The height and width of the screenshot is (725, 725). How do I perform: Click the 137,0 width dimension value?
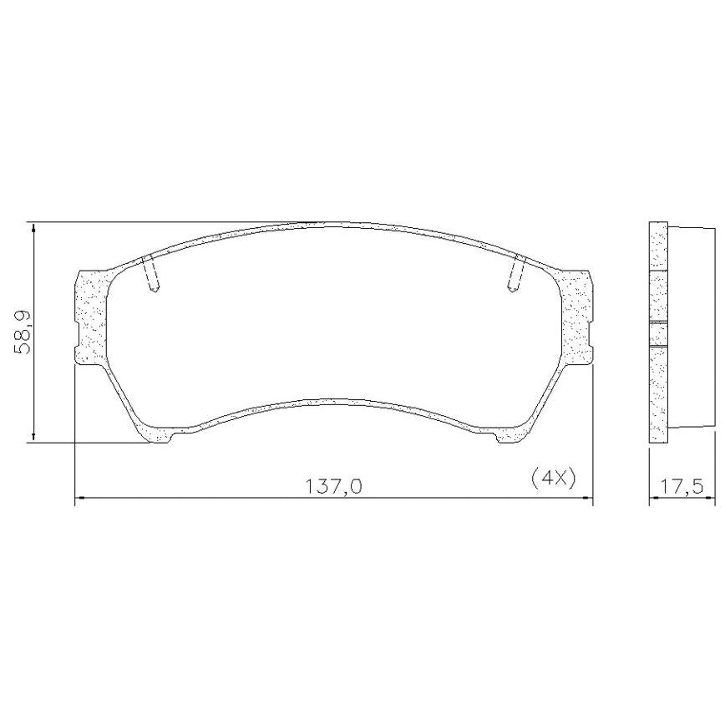333,486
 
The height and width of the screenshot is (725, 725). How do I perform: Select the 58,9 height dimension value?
23,332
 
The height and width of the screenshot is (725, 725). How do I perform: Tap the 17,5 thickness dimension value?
681,486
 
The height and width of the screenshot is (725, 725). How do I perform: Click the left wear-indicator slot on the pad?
150,273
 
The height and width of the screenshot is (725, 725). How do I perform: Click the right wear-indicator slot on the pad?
516,273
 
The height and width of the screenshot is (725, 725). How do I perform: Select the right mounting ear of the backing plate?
575,317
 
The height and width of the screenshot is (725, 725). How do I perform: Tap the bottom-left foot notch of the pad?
160,437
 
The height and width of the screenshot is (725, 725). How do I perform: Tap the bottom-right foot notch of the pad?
508,437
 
